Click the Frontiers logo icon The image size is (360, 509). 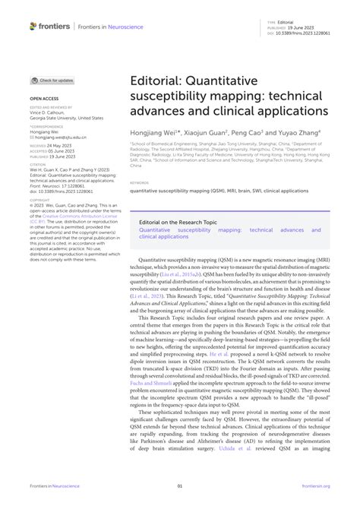34,26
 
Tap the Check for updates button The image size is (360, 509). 52,80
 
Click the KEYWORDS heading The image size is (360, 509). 139,183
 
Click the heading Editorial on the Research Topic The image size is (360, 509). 180,223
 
